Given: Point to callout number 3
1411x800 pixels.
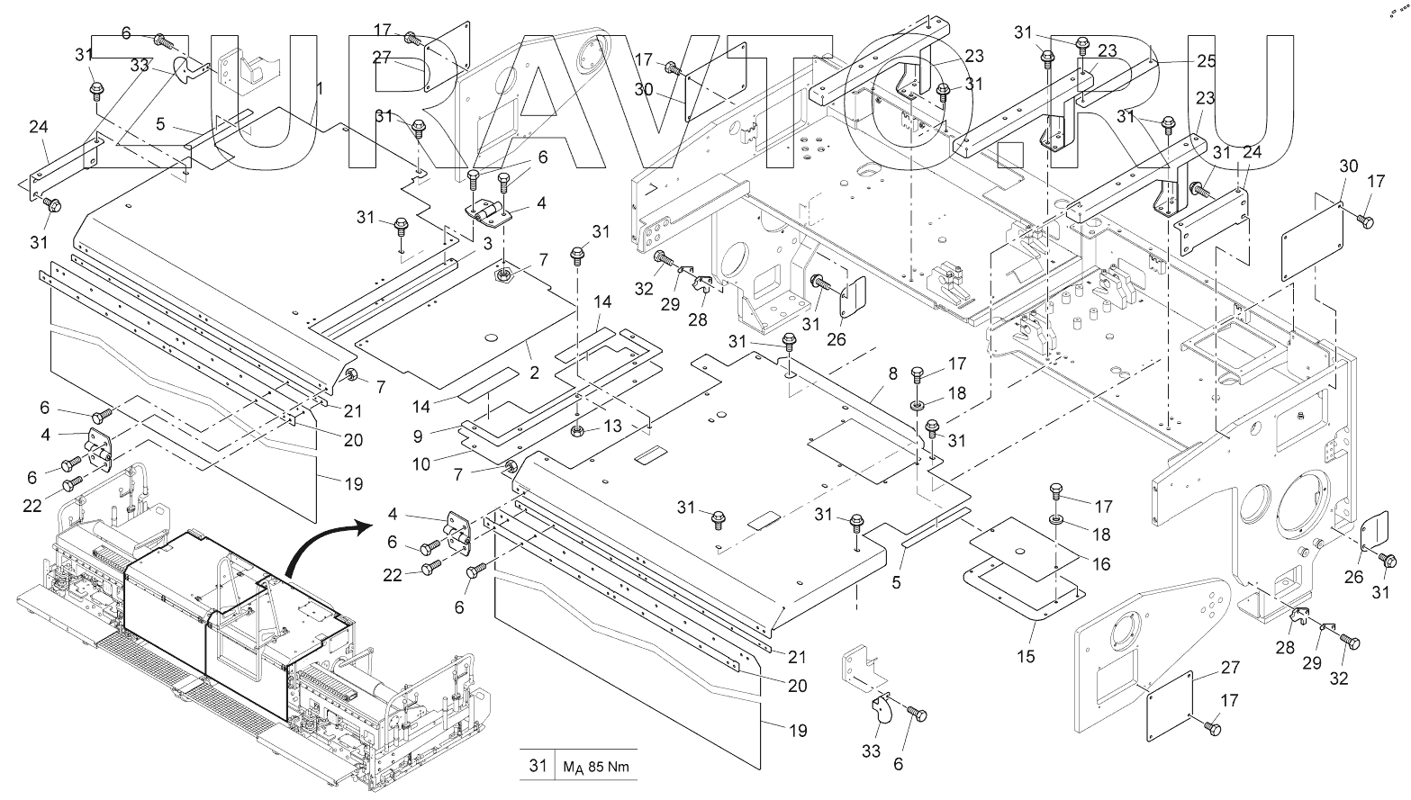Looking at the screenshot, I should [486, 244].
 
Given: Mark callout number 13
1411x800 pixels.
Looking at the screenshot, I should [613, 425].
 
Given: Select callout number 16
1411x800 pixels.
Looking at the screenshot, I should [1100, 564].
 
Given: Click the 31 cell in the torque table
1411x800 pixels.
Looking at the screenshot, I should [538, 766].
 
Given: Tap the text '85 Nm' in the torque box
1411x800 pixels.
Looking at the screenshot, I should [608, 768].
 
